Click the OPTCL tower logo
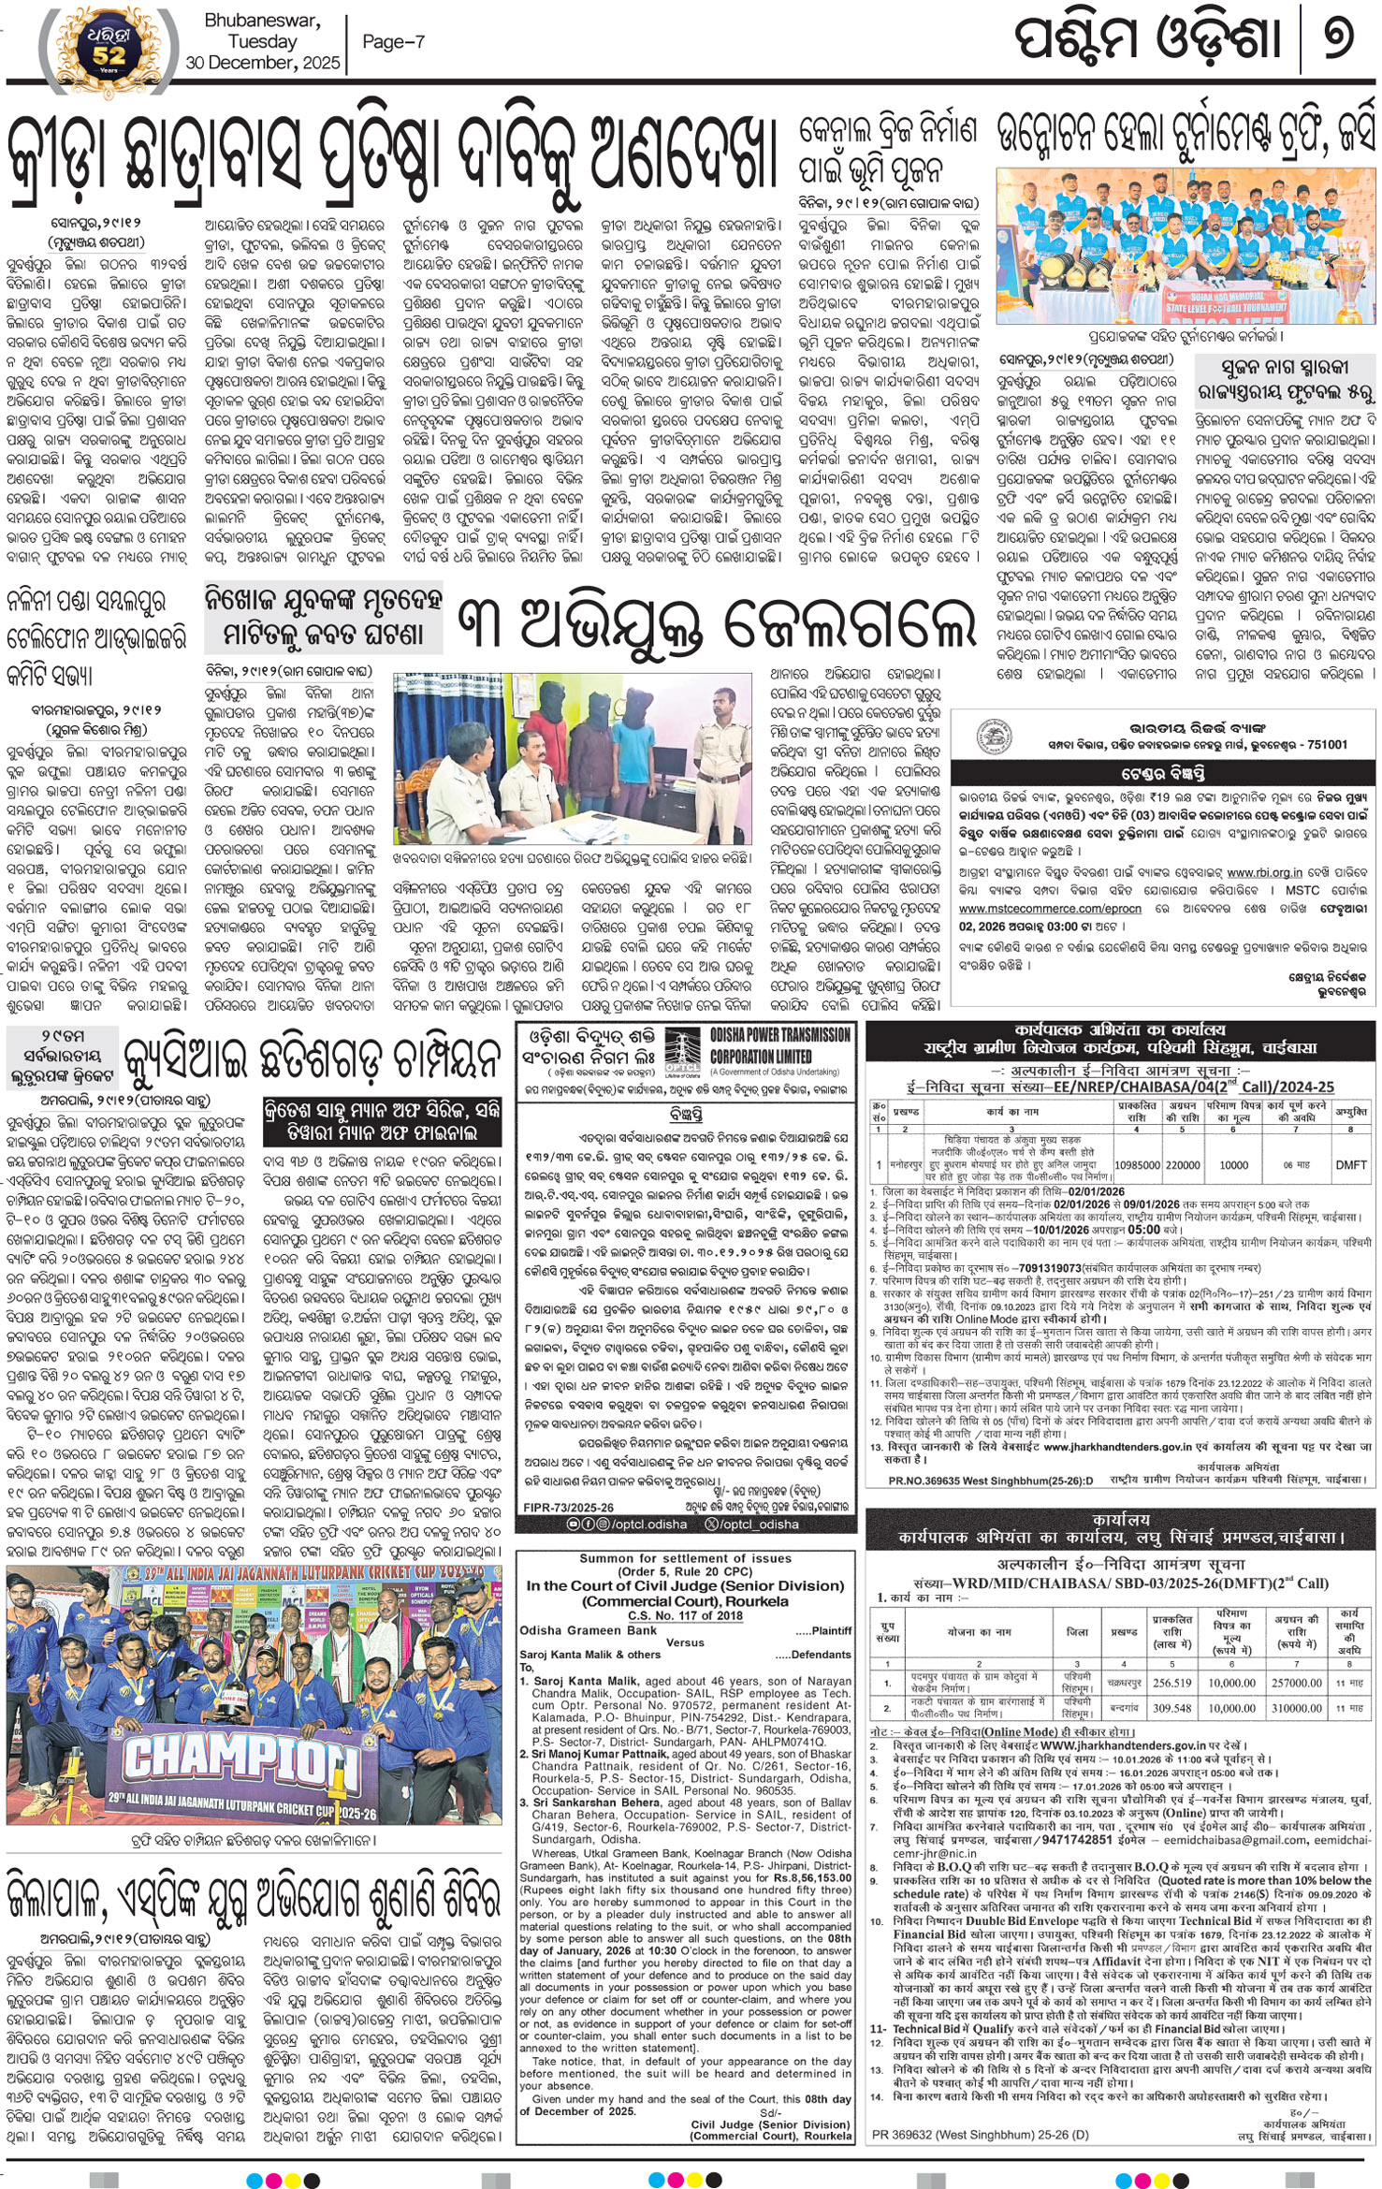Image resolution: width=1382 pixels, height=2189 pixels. click(681, 1054)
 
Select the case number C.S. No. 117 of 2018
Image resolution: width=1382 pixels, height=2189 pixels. click(684, 1614)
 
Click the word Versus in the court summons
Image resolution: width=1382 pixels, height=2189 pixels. click(685, 1642)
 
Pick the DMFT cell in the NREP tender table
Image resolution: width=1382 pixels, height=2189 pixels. click(1350, 1164)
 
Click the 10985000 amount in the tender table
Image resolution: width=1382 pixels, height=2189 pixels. click(1136, 1164)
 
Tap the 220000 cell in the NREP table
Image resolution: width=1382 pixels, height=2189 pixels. click(1183, 1164)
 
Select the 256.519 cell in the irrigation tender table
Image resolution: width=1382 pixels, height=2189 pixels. click(1171, 1682)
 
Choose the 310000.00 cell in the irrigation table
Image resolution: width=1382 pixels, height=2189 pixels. click(1296, 1707)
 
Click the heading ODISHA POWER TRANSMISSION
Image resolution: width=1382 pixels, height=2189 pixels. click(779, 1035)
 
